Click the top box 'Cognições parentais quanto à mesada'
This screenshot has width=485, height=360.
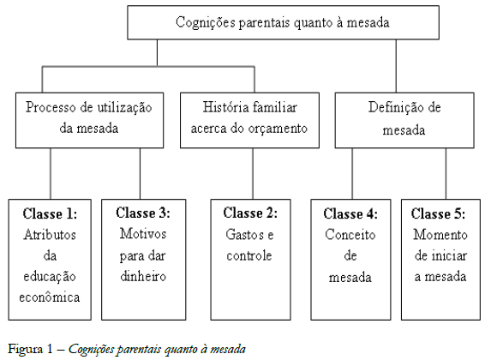(x=282, y=23)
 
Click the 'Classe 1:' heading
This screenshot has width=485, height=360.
(x=49, y=213)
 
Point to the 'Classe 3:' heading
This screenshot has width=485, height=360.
(x=141, y=213)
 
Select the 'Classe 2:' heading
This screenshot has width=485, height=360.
(x=249, y=213)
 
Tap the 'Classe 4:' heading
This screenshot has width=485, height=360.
(x=351, y=213)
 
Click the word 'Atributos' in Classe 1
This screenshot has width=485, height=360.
(x=49, y=234)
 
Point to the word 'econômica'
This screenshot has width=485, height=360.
(x=49, y=297)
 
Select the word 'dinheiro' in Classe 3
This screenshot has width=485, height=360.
(x=141, y=276)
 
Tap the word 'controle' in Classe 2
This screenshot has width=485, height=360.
(x=249, y=255)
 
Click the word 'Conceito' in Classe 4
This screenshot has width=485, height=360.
(x=351, y=234)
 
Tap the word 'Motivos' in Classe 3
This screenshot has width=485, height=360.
(x=141, y=234)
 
